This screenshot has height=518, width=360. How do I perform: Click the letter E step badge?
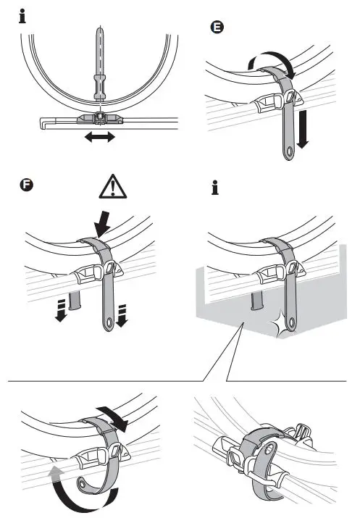pos(217,27)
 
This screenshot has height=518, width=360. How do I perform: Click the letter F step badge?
pos(26,185)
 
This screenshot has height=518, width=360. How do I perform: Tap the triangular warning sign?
pos(113,187)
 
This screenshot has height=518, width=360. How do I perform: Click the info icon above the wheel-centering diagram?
pos(22,16)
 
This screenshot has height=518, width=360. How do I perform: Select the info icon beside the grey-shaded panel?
pos(215,188)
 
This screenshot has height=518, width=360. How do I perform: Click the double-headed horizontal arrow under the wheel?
pos(100,136)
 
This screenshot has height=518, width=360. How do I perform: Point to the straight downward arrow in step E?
pos(302,129)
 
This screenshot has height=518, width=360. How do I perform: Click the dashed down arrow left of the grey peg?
pos(60,310)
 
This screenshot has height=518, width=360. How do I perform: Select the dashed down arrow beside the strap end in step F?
pos(122,315)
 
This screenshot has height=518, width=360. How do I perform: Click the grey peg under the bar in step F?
pos(75,300)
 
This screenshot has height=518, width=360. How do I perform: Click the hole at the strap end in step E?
pos(290,151)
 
